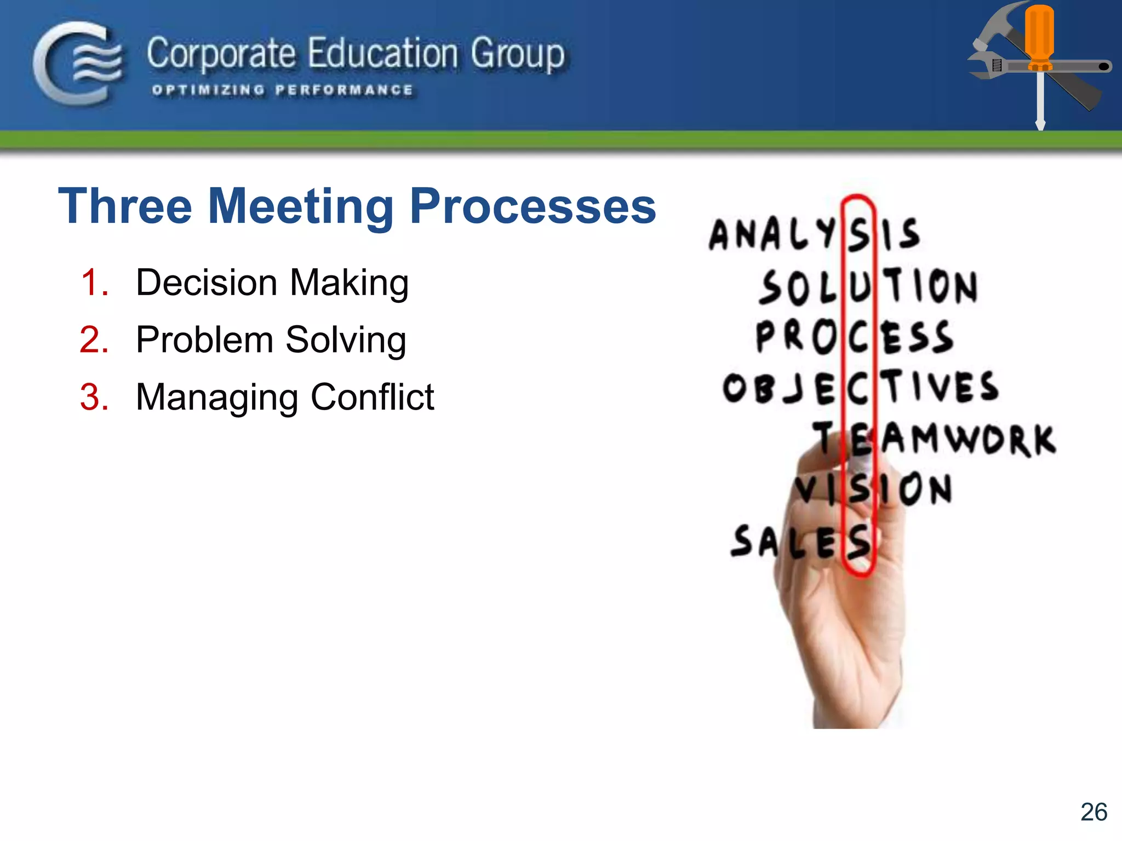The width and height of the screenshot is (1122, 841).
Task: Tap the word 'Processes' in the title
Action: click(533, 206)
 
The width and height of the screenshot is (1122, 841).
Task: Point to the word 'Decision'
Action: click(207, 283)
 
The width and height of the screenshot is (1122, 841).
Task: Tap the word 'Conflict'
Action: click(373, 397)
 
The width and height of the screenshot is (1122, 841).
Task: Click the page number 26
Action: click(1094, 812)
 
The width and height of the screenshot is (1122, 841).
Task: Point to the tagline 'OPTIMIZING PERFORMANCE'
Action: click(282, 90)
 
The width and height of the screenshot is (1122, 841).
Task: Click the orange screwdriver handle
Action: click(1039, 36)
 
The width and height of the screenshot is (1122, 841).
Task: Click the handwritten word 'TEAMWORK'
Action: click(934, 439)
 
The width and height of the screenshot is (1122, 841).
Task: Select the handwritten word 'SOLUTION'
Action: click(868, 286)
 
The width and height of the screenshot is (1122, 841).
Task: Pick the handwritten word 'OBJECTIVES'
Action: click(860, 388)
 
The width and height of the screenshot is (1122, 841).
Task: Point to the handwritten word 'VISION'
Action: click(874, 489)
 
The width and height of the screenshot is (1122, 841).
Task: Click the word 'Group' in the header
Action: click(518, 55)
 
